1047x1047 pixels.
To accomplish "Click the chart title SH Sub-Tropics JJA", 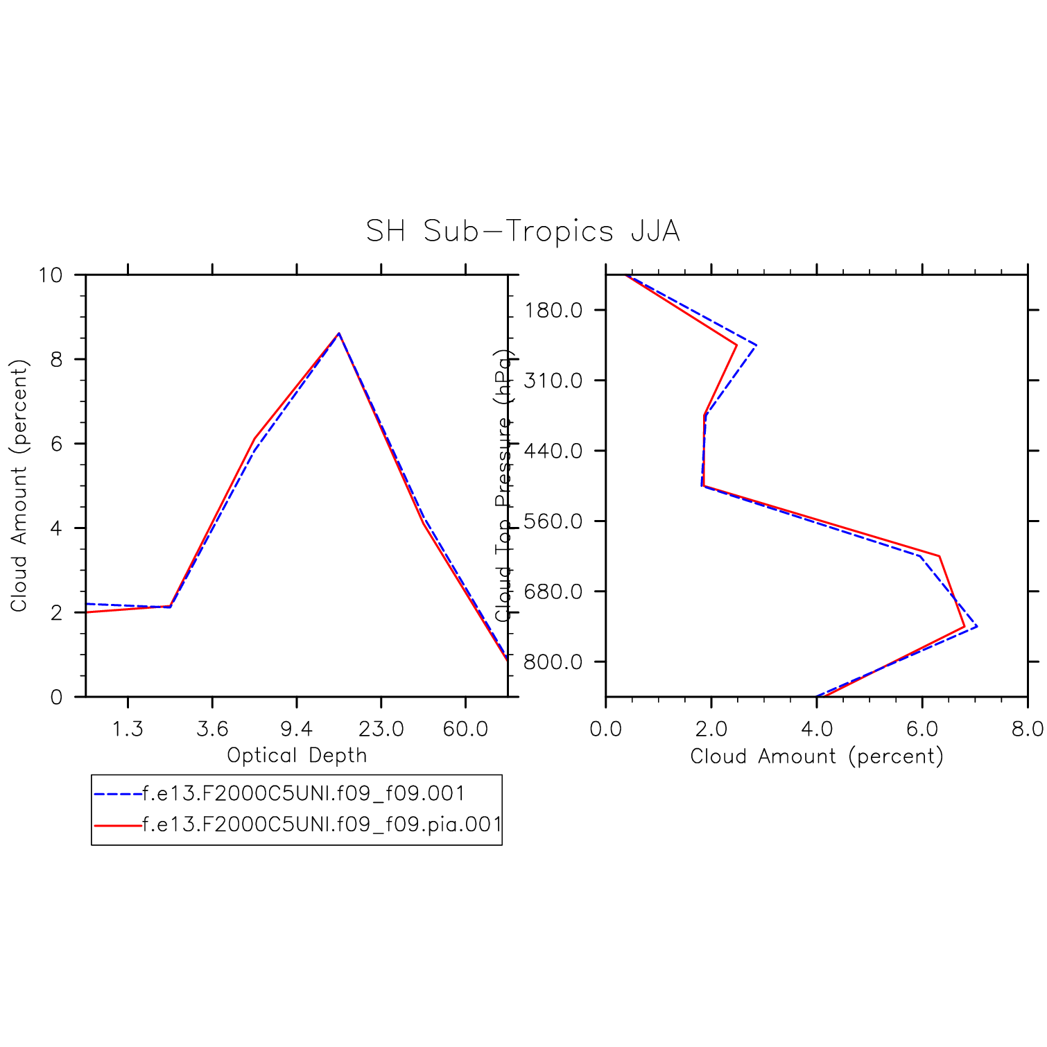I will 523,231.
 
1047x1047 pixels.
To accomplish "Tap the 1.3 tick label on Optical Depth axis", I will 128,729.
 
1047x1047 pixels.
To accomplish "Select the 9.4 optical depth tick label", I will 297,729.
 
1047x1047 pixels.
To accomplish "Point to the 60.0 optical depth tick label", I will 465,729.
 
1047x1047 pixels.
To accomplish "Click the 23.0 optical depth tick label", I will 381,729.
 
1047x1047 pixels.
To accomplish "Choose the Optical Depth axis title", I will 297,755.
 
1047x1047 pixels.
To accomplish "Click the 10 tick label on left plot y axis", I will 50,275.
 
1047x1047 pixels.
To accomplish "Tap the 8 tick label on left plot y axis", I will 56,359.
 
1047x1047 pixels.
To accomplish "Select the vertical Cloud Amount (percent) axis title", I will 19,485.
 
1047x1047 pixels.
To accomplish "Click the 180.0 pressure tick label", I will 553,310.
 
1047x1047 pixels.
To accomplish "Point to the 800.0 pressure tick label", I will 553,661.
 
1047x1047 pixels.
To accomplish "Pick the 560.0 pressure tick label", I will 553,521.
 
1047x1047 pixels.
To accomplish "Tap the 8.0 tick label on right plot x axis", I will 1027,729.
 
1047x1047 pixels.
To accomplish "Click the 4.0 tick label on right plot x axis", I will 816,729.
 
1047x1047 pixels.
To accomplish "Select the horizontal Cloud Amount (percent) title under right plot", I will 817,756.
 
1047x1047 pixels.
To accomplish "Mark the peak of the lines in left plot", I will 338,334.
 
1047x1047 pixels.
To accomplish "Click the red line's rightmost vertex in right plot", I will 964,627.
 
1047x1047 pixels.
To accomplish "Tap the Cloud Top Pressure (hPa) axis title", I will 504,485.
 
